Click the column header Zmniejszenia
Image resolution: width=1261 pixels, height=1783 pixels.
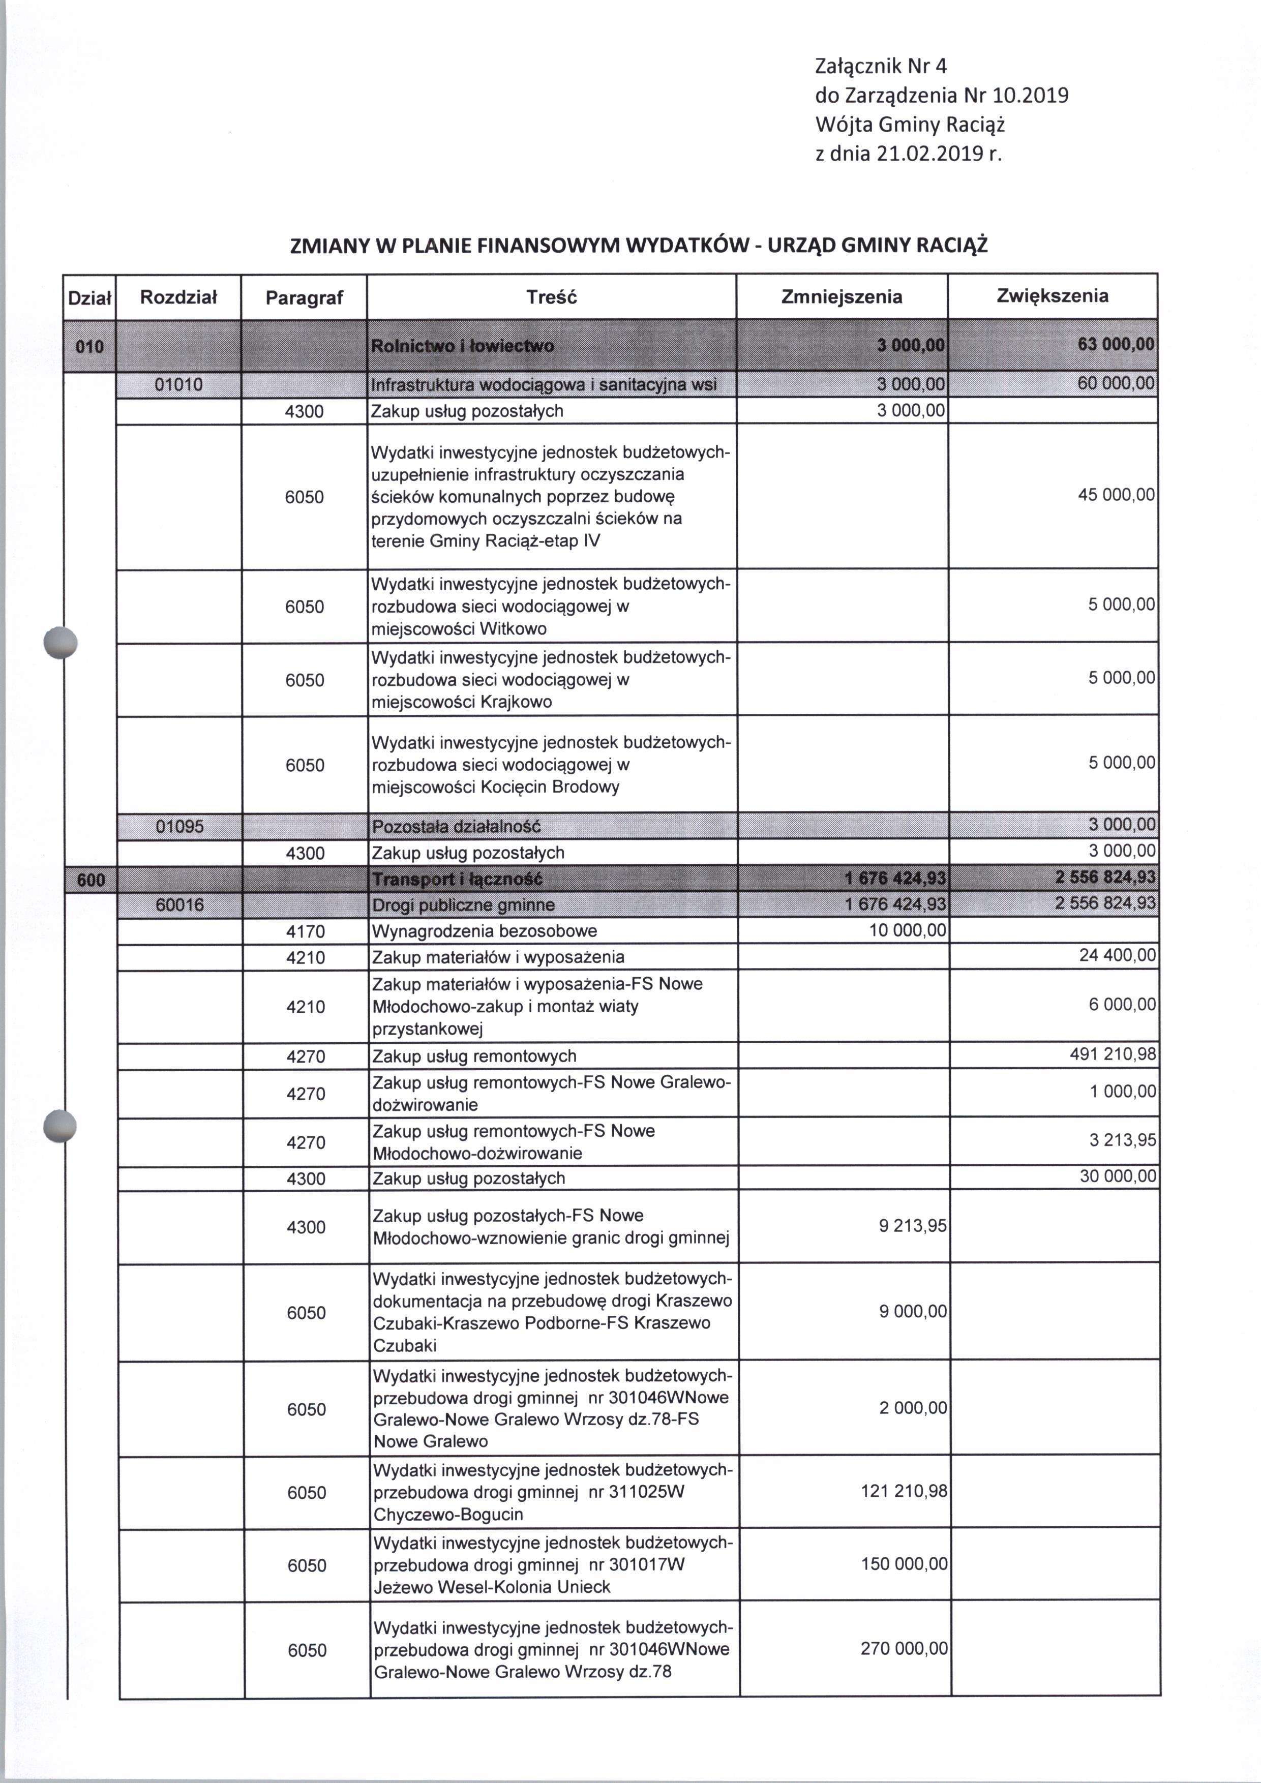click(x=842, y=296)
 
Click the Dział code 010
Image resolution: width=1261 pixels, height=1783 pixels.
click(x=89, y=346)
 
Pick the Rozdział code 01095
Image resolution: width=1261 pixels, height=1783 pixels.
click(x=179, y=826)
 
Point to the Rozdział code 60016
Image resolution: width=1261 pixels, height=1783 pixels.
click(x=179, y=904)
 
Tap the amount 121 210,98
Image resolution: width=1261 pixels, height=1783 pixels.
click(x=904, y=1492)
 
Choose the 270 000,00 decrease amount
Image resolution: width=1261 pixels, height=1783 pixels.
click(x=904, y=1648)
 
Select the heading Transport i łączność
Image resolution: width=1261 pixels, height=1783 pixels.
click(x=457, y=879)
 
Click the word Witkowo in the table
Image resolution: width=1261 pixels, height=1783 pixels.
click(x=514, y=628)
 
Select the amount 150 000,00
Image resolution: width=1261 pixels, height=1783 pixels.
click(x=904, y=1563)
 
